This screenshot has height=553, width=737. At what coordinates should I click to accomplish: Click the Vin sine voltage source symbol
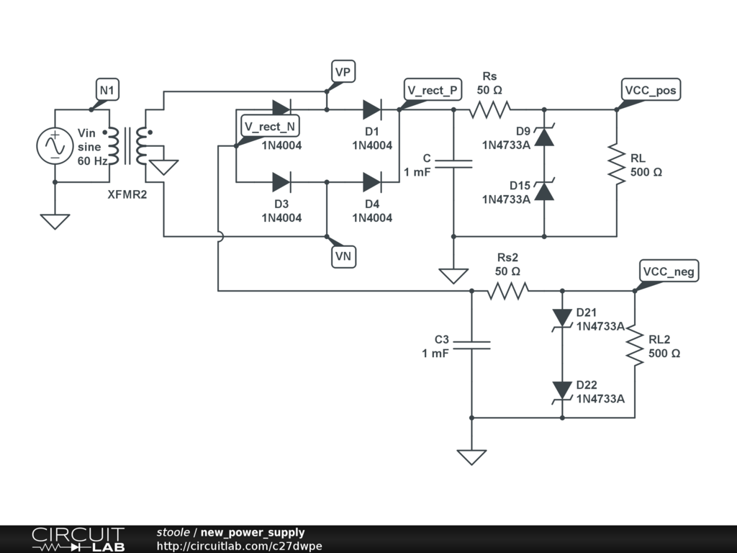tap(55, 146)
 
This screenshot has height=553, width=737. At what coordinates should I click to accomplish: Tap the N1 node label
tap(107, 90)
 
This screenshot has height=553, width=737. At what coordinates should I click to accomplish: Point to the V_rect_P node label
tap(433, 90)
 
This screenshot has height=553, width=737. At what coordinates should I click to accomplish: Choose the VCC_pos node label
tap(651, 90)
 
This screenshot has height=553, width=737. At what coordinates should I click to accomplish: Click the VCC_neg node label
tap(669, 271)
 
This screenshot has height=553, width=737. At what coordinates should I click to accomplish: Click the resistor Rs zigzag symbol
tap(490, 109)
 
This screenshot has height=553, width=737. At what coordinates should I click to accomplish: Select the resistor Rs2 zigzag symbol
tap(508, 290)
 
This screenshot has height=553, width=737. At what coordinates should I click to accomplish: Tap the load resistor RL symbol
tap(617, 164)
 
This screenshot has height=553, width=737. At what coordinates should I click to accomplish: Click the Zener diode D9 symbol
tap(544, 136)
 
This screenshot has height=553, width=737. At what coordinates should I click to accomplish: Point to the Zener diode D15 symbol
tap(544, 191)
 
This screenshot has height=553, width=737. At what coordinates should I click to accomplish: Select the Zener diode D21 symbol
tap(562, 318)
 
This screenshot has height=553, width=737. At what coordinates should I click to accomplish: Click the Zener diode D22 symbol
tap(562, 390)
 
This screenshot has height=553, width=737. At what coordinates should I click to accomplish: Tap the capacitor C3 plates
tap(471, 345)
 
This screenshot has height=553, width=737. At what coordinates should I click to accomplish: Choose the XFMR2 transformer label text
tap(127, 194)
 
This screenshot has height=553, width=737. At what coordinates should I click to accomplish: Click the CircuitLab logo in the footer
tap(78, 539)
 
